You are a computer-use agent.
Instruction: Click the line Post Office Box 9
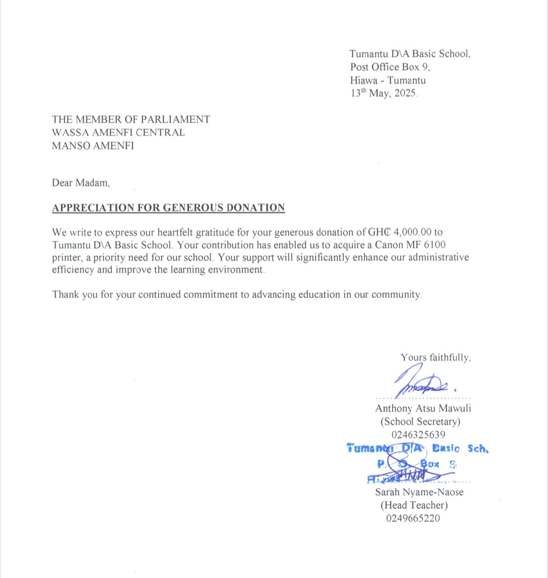390,67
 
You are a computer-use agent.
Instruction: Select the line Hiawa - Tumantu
388,80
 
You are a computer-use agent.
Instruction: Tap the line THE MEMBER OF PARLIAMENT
131,120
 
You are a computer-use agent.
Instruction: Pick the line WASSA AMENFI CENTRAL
118,133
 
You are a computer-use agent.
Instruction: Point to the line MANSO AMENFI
93,146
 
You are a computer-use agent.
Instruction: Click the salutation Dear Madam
81,183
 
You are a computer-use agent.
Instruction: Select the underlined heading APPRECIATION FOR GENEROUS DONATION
168,208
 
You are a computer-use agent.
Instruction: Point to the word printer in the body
68,257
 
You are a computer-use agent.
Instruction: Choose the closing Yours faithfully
436,358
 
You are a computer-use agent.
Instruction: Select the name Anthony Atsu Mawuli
423,408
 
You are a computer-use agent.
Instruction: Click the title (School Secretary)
420,422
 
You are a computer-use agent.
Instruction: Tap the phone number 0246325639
418,435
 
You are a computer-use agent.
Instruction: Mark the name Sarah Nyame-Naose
419,492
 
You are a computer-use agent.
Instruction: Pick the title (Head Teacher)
414,505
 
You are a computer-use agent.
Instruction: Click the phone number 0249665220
413,519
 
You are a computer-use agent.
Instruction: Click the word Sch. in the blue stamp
478,448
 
